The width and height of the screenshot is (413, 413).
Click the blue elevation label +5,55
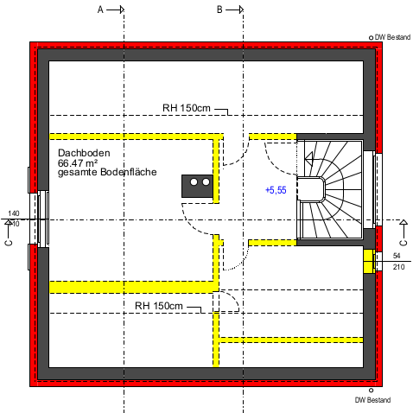[276, 190]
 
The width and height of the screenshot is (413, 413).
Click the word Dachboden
[84, 153]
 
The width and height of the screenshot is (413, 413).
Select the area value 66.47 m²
[78, 162]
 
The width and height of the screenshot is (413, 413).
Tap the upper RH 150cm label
[187, 108]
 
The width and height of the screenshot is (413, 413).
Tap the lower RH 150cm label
[159, 306]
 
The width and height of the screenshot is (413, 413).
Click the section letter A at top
[100, 10]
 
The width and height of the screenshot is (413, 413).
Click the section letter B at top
[219, 10]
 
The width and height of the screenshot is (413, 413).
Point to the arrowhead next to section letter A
[122, 10]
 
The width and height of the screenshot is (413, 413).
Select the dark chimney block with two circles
[197, 186]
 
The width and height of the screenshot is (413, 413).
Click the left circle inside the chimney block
[194, 182]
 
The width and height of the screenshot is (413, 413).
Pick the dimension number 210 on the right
[398, 267]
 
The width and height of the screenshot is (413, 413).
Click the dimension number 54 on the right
[397, 256]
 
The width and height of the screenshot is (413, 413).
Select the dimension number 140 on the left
[14, 213]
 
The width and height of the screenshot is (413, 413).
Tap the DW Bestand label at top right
[392, 37]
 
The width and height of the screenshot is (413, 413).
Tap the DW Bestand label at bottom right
[372, 400]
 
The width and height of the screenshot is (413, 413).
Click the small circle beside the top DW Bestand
[371, 38]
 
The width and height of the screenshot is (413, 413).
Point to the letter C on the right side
[403, 243]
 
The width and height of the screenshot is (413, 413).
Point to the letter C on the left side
[9, 243]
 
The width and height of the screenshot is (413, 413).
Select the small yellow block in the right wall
[369, 262]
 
